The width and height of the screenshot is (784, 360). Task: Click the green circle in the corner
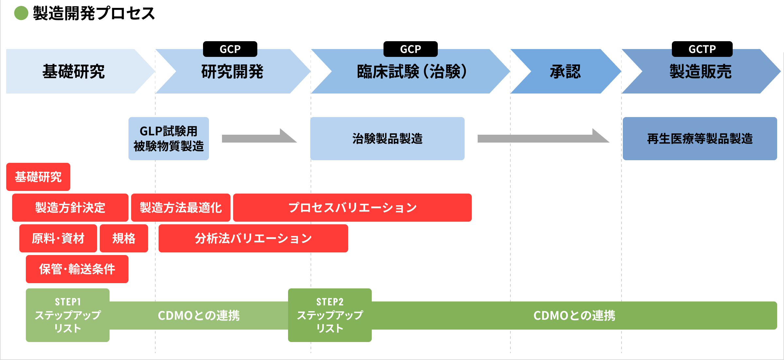(x=21, y=13)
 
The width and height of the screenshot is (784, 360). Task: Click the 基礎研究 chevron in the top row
(x=74, y=71)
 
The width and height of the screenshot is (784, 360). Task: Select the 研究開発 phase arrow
(x=232, y=71)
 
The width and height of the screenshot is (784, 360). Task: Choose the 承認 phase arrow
(x=565, y=71)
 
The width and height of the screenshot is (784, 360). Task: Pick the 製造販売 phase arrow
(x=700, y=71)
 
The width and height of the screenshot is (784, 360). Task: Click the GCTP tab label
(x=702, y=49)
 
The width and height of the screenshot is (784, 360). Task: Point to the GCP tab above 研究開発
(x=230, y=49)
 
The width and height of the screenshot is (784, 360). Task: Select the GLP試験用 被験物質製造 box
(x=169, y=139)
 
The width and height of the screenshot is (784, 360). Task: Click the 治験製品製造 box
(x=387, y=139)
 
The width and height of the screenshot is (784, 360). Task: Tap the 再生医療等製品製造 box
(x=700, y=139)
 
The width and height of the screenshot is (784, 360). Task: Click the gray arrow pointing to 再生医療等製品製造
(x=543, y=138)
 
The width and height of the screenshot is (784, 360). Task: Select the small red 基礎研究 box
(x=38, y=177)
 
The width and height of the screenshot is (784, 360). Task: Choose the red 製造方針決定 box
(x=70, y=208)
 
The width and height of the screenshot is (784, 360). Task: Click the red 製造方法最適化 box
(x=180, y=208)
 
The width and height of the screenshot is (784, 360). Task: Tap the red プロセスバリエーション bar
(x=352, y=208)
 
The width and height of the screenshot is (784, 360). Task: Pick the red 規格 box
(x=124, y=238)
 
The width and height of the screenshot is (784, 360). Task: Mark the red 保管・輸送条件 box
(x=77, y=269)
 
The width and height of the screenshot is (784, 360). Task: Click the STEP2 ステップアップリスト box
(x=330, y=315)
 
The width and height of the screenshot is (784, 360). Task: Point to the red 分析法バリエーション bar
(x=253, y=238)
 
